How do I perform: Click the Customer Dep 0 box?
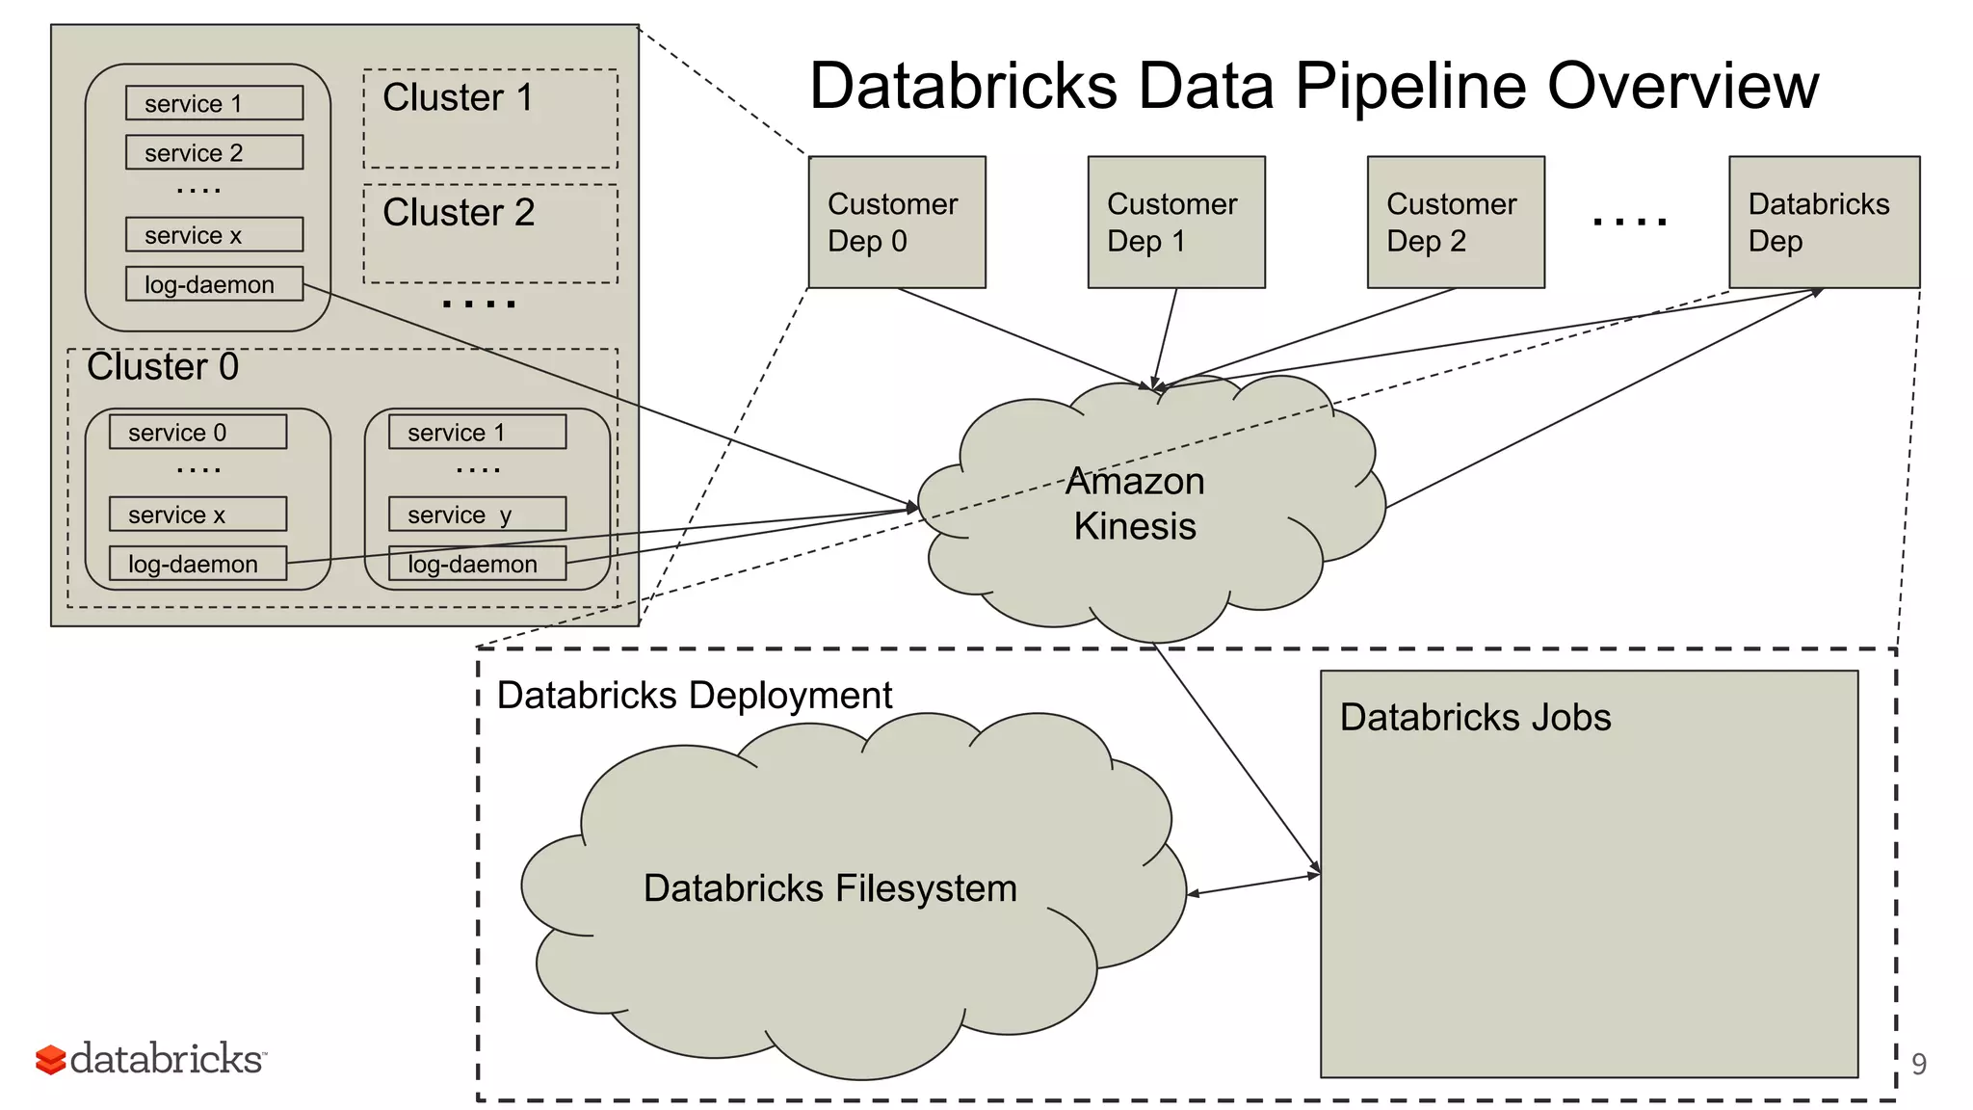[x=896, y=222]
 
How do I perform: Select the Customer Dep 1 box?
[x=1175, y=222]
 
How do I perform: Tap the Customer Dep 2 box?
[x=1455, y=222]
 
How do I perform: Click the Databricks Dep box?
[x=1824, y=222]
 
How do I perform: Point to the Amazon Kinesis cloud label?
[x=1135, y=504]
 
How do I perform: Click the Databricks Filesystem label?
[x=829, y=888]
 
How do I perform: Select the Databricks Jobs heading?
[x=1475, y=718]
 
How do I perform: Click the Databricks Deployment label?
[x=694, y=696]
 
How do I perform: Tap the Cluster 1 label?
[x=458, y=98]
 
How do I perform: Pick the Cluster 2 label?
[x=459, y=213]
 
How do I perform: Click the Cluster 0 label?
[x=162, y=367]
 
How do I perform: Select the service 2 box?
[x=214, y=152]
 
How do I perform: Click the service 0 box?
[x=197, y=432]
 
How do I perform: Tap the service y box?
[x=477, y=515]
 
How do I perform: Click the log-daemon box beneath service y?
[x=477, y=564]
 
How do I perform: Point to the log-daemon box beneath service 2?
[x=214, y=284]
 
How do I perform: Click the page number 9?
[x=1918, y=1064]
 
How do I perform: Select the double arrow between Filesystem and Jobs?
[x=1253, y=884]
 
